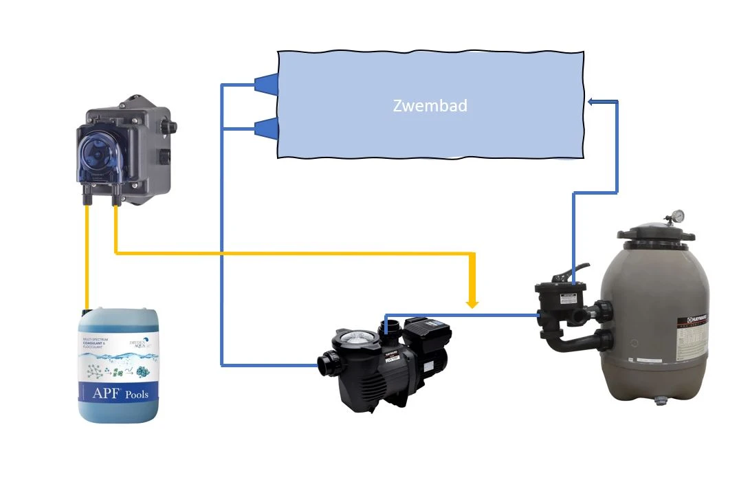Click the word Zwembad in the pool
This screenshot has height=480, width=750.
(x=430, y=106)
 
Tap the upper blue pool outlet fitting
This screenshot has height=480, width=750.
(x=267, y=84)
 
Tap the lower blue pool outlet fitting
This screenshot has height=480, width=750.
(x=267, y=128)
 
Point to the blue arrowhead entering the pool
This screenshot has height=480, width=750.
(x=592, y=102)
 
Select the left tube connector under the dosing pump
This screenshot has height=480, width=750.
(x=88, y=199)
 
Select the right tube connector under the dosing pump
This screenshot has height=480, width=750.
(x=115, y=199)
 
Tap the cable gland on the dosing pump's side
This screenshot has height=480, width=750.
(x=171, y=127)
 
